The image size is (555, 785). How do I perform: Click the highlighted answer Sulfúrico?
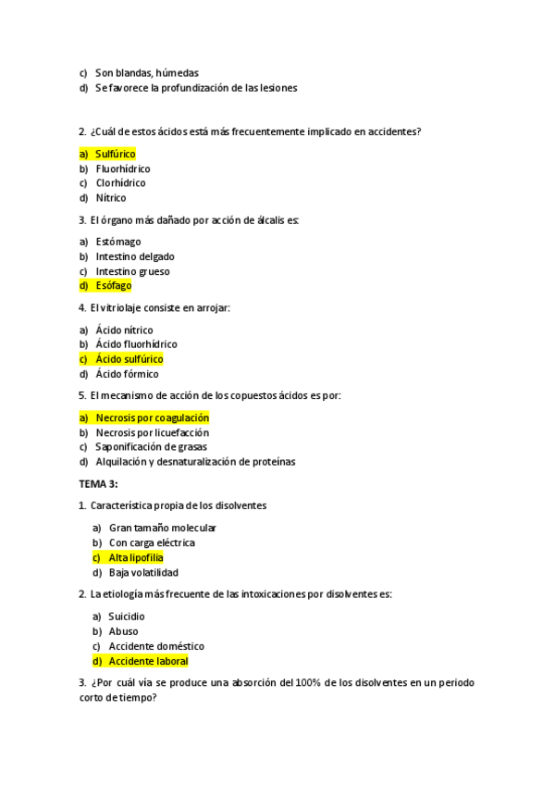point(116,154)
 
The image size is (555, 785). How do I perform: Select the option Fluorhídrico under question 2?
point(123,169)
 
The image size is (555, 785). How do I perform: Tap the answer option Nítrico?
point(111,198)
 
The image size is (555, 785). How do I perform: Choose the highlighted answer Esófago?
point(114,286)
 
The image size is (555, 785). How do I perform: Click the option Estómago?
point(117,242)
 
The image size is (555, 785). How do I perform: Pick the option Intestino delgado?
point(135,256)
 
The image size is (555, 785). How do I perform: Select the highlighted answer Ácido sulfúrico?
point(129,359)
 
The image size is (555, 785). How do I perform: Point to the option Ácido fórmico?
point(127,374)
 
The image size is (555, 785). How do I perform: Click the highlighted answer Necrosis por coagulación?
point(153,417)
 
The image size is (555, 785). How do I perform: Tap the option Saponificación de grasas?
point(151,447)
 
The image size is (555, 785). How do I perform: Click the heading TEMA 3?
point(99,483)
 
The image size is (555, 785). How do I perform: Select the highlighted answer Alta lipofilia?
point(136,557)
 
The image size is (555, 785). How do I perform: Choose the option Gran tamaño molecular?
point(162,528)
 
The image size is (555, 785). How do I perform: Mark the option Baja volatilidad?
point(143,572)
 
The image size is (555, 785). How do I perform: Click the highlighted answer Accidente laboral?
point(148,661)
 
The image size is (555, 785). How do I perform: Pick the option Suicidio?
point(127,617)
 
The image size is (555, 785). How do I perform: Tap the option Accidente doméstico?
point(156,646)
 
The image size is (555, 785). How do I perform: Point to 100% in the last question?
point(306,683)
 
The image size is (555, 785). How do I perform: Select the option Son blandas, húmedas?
point(147,72)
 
